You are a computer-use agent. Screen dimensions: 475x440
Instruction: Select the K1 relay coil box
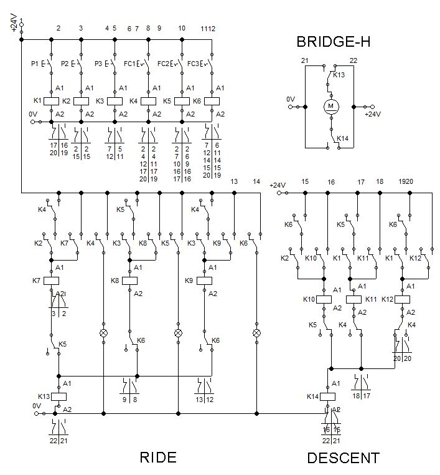(x=51, y=101)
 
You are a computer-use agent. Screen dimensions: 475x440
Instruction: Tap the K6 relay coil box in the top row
(x=212, y=101)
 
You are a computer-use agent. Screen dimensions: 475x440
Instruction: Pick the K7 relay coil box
(x=51, y=281)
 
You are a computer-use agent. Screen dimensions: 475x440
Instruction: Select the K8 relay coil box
(x=129, y=281)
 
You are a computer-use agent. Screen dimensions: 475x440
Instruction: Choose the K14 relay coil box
(x=327, y=396)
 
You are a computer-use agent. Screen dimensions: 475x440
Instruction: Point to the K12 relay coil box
(x=403, y=299)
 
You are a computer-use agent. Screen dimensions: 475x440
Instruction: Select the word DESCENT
(x=343, y=458)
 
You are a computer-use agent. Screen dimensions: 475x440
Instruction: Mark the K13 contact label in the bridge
(x=339, y=75)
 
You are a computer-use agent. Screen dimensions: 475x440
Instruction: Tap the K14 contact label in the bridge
(x=342, y=138)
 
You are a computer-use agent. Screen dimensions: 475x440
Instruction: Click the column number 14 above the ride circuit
(x=257, y=181)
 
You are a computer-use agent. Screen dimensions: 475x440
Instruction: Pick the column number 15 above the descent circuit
(x=305, y=181)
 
